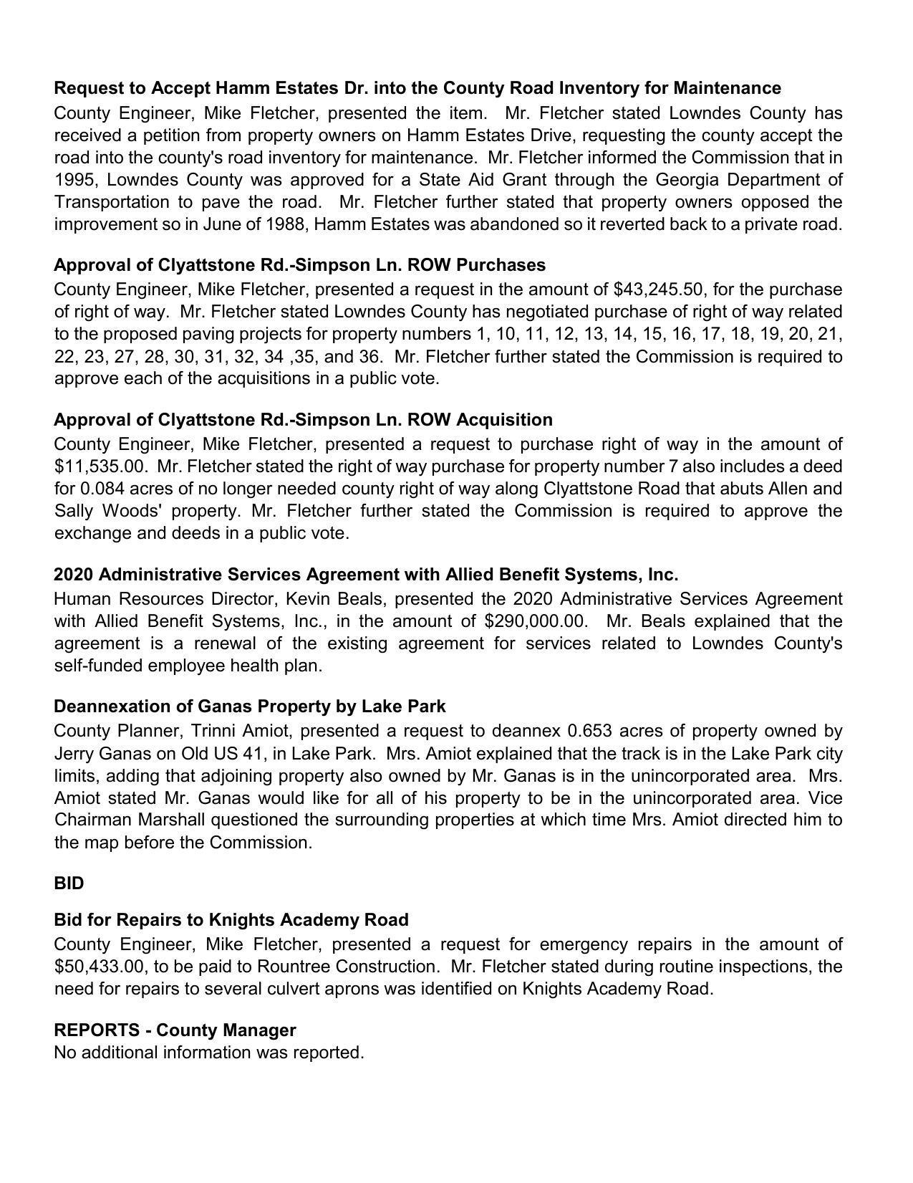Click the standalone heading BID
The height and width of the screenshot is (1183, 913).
point(69,883)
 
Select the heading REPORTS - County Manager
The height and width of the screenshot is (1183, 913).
point(175,1030)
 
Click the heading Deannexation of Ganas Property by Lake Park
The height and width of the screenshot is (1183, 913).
point(249,707)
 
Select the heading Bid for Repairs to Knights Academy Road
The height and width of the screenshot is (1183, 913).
point(231,919)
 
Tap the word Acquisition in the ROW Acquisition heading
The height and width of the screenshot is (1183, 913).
point(504,419)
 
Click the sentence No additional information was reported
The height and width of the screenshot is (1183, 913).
point(209,1053)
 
